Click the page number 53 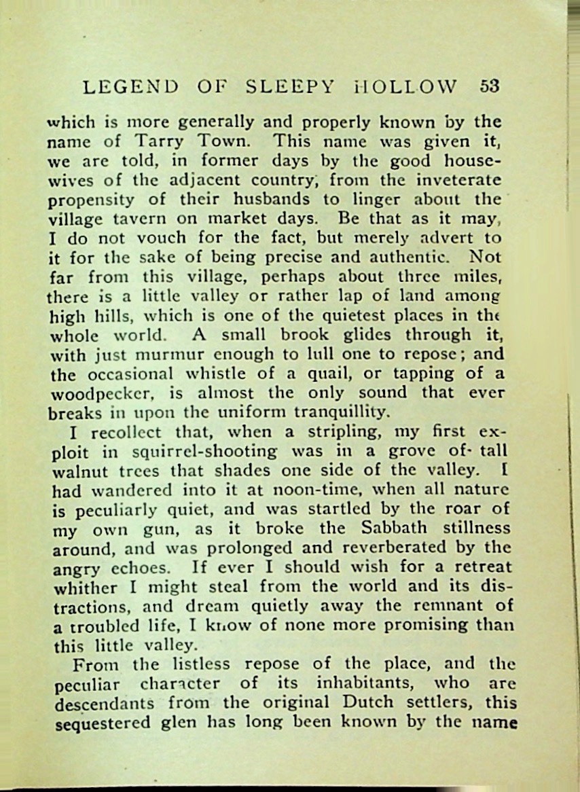pyautogui.click(x=489, y=87)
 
